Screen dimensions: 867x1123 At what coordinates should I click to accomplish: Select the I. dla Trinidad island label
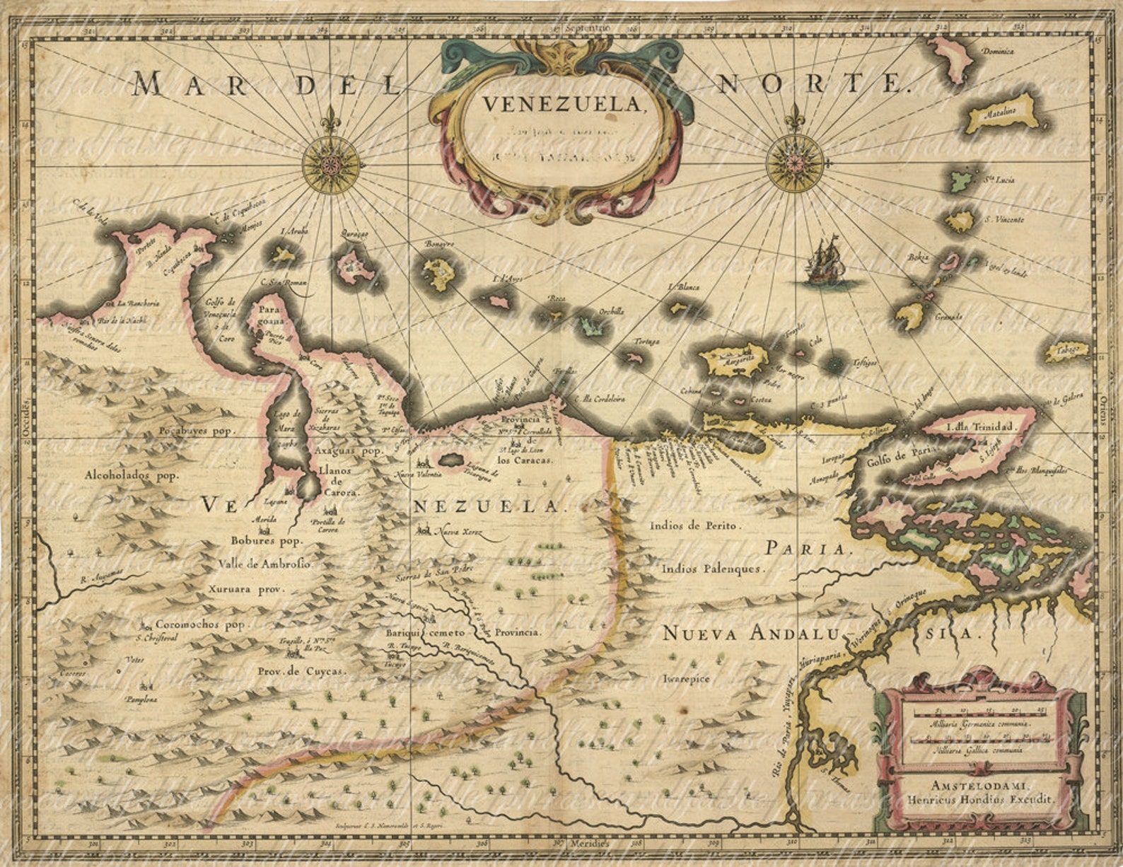tap(979, 427)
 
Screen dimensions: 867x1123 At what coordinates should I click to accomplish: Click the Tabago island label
tap(1067, 350)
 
